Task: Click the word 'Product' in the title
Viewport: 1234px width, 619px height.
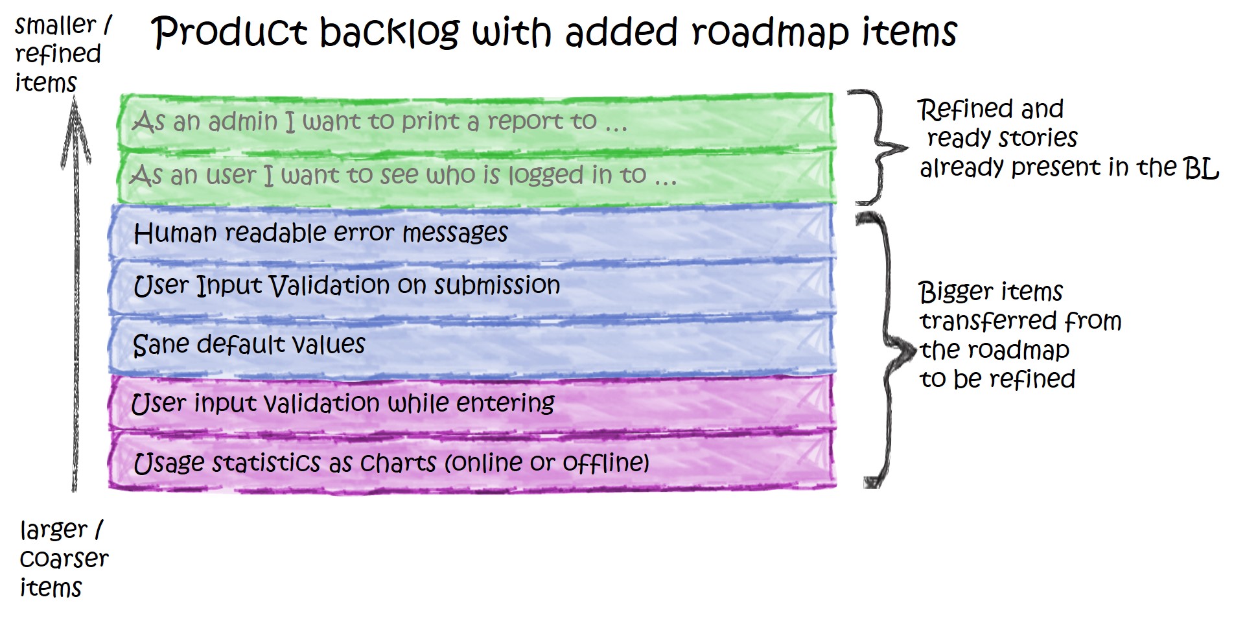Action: (x=229, y=32)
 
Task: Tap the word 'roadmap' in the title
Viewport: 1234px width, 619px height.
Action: (x=771, y=32)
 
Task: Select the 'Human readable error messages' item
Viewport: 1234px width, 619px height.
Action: (x=320, y=233)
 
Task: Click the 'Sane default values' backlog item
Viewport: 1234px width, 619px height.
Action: (x=249, y=344)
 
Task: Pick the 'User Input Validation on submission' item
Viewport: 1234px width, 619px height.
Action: (x=346, y=286)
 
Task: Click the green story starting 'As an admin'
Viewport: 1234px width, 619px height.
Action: (x=379, y=121)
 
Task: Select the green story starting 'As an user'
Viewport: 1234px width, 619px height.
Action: (x=402, y=175)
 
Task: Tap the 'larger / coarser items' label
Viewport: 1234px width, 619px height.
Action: (x=63, y=559)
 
